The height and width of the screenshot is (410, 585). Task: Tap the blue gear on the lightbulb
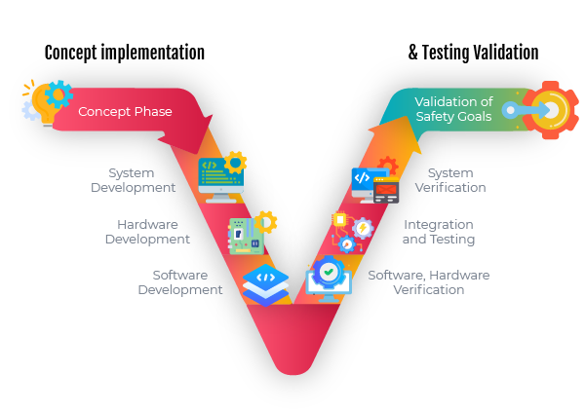tap(59, 93)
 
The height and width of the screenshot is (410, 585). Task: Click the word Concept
tap(102, 112)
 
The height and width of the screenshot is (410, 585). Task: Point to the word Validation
tap(453, 102)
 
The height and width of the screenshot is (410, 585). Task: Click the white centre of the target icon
tap(551, 111)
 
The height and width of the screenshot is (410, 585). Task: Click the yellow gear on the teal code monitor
tap(235, 162)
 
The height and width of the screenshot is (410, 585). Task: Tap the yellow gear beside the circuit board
tap(265, 222)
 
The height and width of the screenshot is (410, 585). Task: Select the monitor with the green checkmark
tap(329, 279)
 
